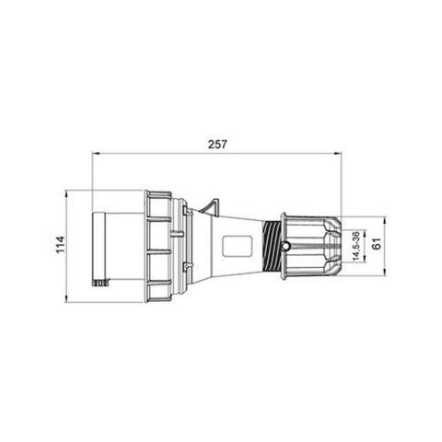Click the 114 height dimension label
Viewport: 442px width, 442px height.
coord(59,245)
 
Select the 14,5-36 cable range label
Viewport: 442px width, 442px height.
coord(356,247)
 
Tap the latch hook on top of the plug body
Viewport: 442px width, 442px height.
coord(213,204)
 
